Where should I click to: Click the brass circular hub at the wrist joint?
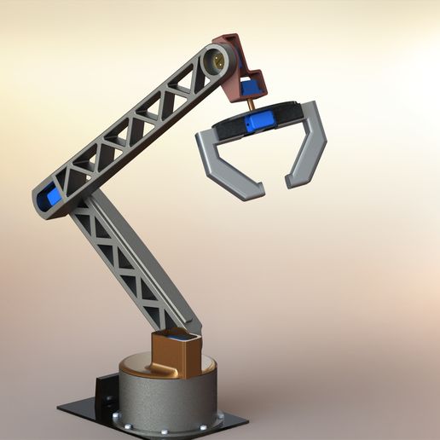(x=219, y=61)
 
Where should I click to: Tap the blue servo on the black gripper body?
(x=256, y=124)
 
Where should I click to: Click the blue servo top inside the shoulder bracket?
(x=181, y=339)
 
